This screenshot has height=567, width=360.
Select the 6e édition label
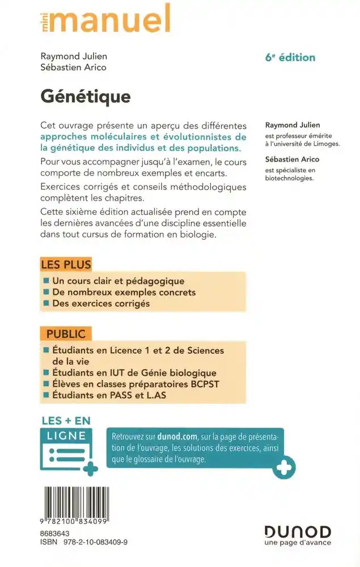pos(290,57)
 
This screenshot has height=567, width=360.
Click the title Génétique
pos(85,96)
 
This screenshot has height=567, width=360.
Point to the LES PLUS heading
pos(66,264)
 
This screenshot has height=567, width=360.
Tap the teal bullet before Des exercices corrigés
pos(46,303)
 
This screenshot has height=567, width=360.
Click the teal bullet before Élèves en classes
pos(46,384)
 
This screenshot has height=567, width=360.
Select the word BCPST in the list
pos(204,384)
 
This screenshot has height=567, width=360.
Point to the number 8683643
pos(54,534)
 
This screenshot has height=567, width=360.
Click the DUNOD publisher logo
pos(297,531)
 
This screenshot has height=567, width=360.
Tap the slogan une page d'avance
pos(297,543)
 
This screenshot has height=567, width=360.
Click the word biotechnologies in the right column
pos(289,177)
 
